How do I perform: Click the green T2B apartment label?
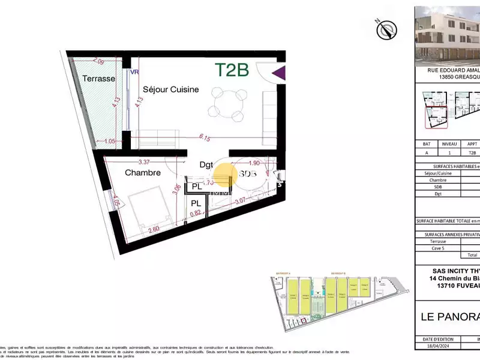pos(232,70)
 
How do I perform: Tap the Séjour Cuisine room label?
pos(170,90)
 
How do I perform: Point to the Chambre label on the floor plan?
pos(142,173)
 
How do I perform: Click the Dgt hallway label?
pos(206,164)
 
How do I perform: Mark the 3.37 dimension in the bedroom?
pos(144,161)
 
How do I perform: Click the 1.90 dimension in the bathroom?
pos(254,163)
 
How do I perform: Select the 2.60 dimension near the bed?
pos(152,229)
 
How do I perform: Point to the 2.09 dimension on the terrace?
pos(100,62)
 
